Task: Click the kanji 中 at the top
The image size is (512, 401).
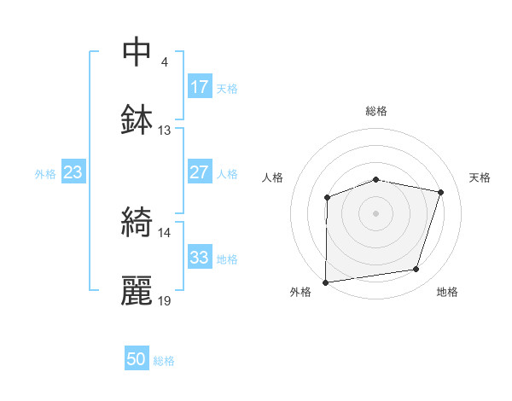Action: point(137,53)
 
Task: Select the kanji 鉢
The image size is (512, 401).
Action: point(137,119)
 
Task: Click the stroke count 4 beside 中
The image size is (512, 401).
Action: point(165,63)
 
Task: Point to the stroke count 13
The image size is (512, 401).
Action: point(165,131)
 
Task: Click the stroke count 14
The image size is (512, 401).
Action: point(165,232)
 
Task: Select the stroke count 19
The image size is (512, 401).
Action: point(165,300)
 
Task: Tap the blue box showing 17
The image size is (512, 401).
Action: point(200,87)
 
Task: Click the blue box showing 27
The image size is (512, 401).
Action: point(200,172)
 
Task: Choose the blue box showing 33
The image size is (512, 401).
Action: point(200,258)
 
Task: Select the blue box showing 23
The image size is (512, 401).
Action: point(73,172)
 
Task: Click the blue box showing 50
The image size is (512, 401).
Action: point(137,360)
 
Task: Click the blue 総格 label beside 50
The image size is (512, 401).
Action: point(164,361)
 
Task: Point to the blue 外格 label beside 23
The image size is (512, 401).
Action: point(45,173)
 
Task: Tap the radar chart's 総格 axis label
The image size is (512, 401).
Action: point(376,111)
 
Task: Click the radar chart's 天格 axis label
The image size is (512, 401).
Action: point(480,177)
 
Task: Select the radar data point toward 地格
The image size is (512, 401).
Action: point(416,270)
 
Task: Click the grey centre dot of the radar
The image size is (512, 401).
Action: point(376,212)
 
